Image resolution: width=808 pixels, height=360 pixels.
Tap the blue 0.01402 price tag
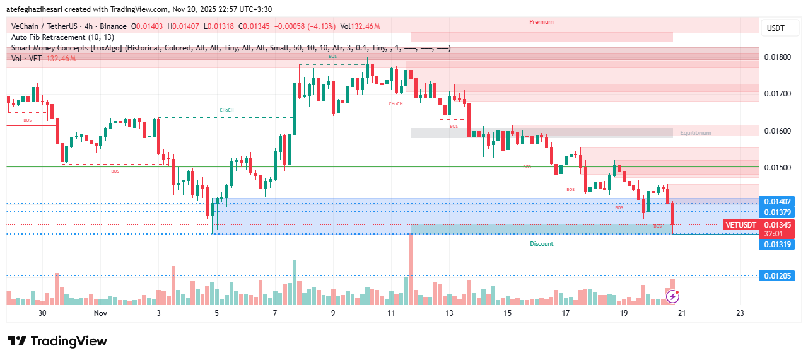click(776, 202)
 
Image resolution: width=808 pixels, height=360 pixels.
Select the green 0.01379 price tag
click(776, 212)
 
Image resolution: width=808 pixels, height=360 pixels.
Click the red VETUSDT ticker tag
click(741, 225)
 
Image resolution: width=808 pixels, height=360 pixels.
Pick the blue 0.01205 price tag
click(776, 276)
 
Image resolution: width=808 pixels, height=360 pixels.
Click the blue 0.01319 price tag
click(776, 244)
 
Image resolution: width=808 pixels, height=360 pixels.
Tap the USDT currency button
click(775, 28)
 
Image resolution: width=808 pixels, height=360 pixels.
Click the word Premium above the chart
click(541, 22)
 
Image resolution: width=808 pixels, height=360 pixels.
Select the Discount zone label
click(541, 244)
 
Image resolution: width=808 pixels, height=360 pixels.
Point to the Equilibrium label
click(695, 133)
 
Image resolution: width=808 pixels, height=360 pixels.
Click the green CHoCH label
click(226, 110)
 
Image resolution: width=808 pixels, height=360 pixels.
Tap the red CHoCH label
click(395, 103)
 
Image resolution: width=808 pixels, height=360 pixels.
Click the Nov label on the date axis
click(100, 313)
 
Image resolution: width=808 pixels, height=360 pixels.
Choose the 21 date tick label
click(682, 313)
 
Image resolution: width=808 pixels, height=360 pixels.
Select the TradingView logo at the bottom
click(57, 341)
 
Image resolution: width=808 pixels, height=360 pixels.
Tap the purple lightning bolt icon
click(673, 296)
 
